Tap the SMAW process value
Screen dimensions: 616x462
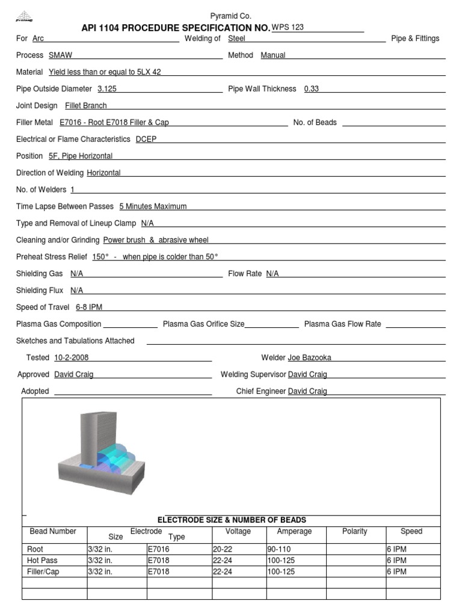(x=60, y=55)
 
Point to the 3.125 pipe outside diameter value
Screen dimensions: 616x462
(x=107, y=89)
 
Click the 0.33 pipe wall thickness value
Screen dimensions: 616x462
(x=312, y=89)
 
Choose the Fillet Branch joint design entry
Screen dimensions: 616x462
(x=86, y=106)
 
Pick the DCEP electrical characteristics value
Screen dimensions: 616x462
(x=146, y=139)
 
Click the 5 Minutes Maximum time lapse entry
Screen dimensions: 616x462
(x=153, y=206)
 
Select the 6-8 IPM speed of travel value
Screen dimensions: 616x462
(x=89, y=307)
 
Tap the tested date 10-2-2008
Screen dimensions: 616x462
(x=72, y=358)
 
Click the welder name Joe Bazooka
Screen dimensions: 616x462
(x=309, y=358)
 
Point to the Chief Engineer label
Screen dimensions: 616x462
(x=261, y=392)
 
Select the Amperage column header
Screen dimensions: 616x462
(x=294, y=532)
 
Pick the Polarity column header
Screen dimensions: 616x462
(x=354, y=532)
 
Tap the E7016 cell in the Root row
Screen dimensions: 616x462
(x=159, y=549)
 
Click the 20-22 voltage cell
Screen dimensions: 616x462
(x=223, y=549)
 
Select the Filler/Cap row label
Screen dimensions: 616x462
(x=43, y=572)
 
